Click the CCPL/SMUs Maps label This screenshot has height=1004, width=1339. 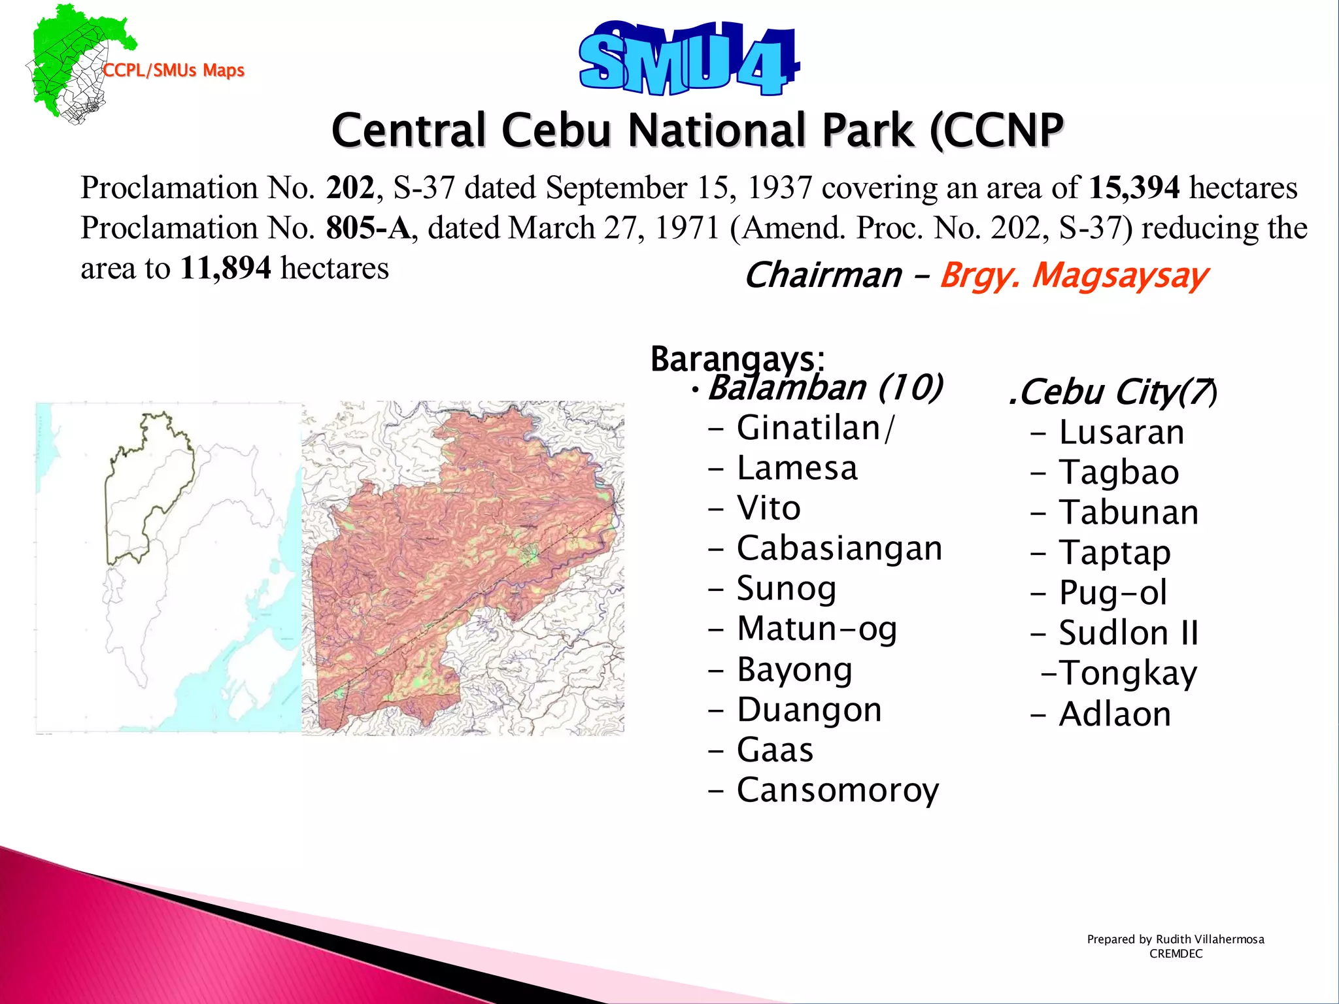[x=174, y=71]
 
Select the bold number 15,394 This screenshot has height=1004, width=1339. [x=1134, y=188]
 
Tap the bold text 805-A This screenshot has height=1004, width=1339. [x=368, y=228]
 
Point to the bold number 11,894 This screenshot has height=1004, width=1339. [x=225, y=269]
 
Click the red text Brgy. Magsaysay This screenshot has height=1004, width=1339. [x=1073, y=275]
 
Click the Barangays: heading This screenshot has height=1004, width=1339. [x=737, y=358]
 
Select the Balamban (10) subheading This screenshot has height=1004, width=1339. [x=825, y=388]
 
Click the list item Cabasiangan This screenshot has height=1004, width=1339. [x=839, y=548]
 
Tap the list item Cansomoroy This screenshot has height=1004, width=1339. [x=837, y=790]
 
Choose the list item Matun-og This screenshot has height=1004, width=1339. [x=816, y=629]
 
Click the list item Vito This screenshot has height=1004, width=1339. [x=768, y=509]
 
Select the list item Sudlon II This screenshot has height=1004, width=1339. [x=1128, y=633]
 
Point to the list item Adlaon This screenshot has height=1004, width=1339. [x=1114, y=714]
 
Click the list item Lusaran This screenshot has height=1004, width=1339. [x=1121, y=433]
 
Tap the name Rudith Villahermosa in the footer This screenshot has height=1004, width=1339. [x=1210, y=939]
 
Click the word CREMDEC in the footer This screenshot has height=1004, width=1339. [x=1176, y=954]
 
